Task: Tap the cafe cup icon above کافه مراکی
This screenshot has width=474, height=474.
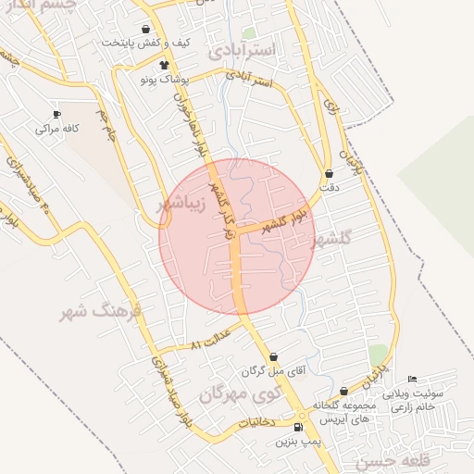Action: tap(57, 114)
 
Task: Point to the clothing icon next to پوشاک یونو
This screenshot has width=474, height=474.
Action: tap(164, 65)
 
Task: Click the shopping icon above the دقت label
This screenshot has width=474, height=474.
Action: tap(330, 173)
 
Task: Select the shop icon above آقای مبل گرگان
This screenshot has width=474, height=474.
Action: tap(273, 357)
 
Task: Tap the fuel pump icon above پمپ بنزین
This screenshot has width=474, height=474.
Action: tap(297, 427)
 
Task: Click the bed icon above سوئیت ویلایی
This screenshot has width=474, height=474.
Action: tap(412, 379)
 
